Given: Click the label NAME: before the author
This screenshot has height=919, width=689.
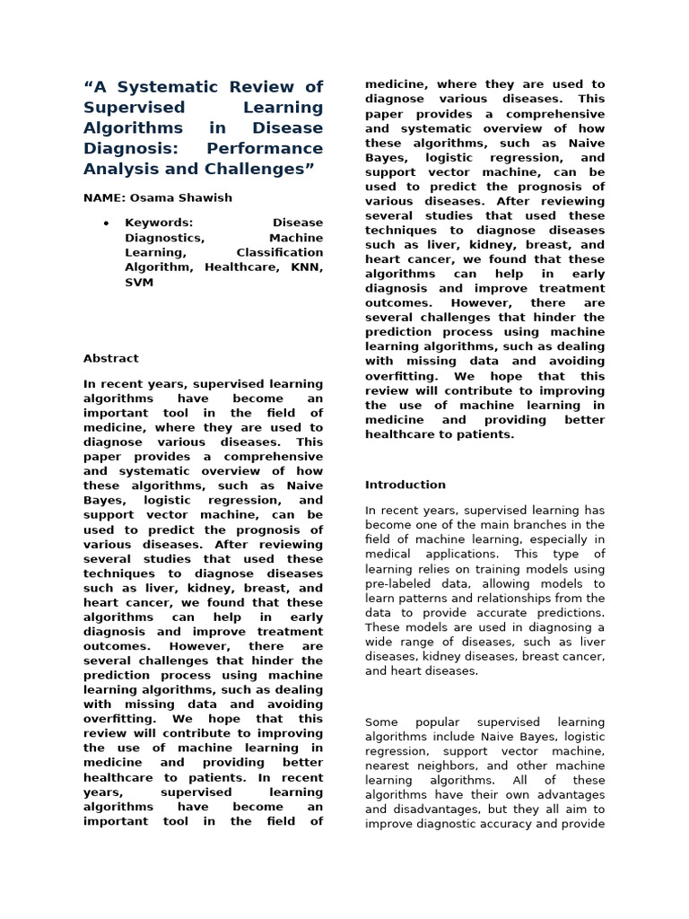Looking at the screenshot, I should coord(104,197).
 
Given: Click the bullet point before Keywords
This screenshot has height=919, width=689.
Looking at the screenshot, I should coord(106,223).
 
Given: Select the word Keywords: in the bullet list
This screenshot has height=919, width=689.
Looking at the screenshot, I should coord(159,223).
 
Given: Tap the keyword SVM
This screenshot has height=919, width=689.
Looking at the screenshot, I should coord(139,283).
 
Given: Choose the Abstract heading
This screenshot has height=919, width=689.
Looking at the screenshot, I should coord(110,358).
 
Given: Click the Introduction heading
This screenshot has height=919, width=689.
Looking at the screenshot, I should coord(405,485).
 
